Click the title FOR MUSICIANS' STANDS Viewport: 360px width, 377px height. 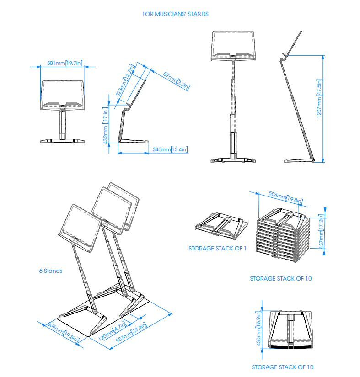point(175,14)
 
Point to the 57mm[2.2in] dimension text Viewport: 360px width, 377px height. point(177,81)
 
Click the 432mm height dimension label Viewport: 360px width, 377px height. point(106,125)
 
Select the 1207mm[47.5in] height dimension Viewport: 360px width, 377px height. point(320,100)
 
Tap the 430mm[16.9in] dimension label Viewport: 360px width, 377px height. point(258,329)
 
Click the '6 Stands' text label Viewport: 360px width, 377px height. point(50,271)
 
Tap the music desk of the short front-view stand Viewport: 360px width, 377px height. point(62,95)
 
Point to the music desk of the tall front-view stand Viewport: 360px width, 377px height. point(233,45)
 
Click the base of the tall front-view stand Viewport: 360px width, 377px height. point(233,159)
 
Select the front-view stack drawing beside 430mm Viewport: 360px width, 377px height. point(291,329)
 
